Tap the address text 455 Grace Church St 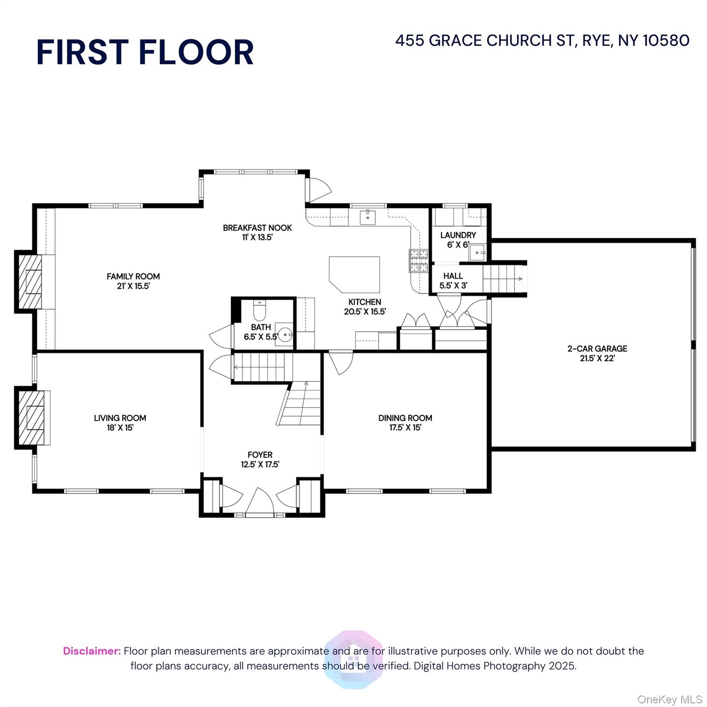(542, 41)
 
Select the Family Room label (133, 281)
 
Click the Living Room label (120, 423)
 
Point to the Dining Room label (405, 423)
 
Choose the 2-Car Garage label (597, 353)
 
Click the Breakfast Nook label (257, 232)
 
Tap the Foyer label (260, 459)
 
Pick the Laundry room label (458, 239)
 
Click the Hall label (453, 280)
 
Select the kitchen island (354, 274)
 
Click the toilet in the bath (260, 311)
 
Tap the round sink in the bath (286, 333)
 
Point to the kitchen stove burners (419, 261)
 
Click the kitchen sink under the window (367, 217)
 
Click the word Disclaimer (92, 651)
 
